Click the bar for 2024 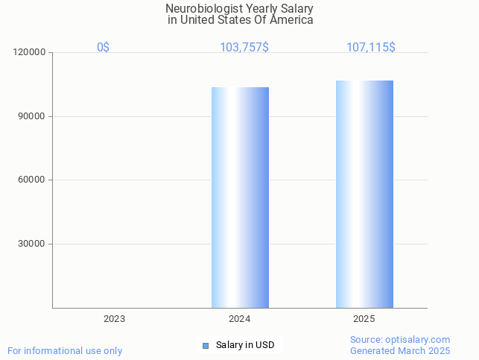[x=240, y=198]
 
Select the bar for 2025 [x=364, y=194]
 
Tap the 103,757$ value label [x=244, y=48]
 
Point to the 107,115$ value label [x=370, y=48]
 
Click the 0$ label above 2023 [x=103, y=48]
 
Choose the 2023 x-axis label [x=114, y=319]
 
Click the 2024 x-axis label [x=239, y=319]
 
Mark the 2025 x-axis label [x=364, y=319]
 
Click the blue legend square [x=206, y=345]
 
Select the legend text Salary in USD [x=245, y=345]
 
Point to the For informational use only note [x=65, y=351]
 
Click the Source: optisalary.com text [x=400, y=340]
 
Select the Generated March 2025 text [x=400, y=351]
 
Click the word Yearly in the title [x=256, y=9]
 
